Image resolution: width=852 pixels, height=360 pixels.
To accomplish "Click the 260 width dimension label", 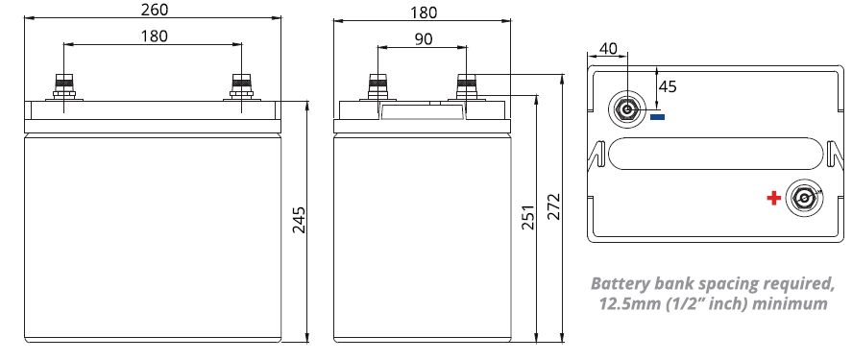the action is coord(155,10).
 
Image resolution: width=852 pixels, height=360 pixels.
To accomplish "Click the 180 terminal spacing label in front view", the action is coord(155,36).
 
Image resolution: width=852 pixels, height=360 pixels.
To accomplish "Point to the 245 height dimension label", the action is coord(299,220).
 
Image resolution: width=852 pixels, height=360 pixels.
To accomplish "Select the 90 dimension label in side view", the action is coord(424,39).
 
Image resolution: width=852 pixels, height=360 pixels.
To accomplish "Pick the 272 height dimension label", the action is coord(553,206).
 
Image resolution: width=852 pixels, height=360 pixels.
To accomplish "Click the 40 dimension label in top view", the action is coord(608,48).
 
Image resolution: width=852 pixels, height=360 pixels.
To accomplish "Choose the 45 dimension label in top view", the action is coord(668,86).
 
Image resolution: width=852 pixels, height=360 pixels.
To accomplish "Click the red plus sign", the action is coord(774,198).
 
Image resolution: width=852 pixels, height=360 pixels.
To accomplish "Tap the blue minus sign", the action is coord(657,116).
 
